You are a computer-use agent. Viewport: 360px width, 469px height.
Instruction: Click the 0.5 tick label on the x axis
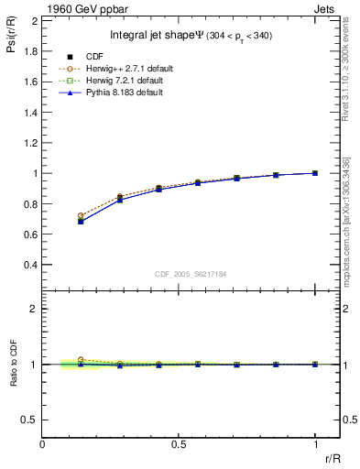(x=179, y=443)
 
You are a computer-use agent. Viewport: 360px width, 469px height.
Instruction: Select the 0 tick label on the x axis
(x=42, y=443)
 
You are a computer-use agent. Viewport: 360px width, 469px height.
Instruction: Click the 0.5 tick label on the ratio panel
(x=30, y=420)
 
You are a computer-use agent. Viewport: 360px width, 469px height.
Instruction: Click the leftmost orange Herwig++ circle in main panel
(x=81, y=215)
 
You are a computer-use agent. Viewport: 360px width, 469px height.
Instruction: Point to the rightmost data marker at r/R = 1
(x=315, y=172)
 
